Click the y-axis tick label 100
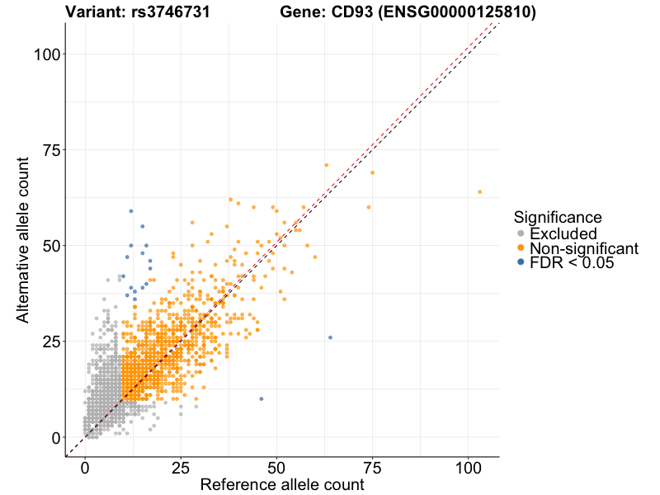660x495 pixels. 48,54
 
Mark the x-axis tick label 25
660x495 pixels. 181,467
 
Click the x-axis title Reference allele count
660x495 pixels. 282,485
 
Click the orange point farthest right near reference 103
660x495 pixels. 479,192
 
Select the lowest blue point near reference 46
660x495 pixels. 262,399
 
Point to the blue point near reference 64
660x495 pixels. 330,337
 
